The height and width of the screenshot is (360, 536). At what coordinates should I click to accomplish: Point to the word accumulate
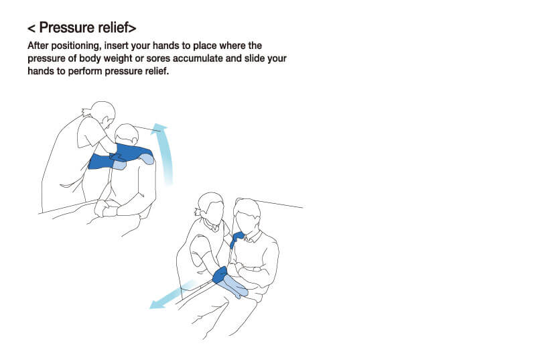click(x=198, y=58)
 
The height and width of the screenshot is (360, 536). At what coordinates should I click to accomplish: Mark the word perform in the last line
click(x=86, y=71)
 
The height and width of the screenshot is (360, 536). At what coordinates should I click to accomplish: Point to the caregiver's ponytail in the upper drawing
click(x=86, y=111)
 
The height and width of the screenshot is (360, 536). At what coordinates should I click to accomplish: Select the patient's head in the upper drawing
click(x=127, y=134)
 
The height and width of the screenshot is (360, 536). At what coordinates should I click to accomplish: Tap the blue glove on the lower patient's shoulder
click(x=237, y=239)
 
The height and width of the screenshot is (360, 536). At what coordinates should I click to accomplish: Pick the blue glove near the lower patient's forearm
click(x=220, y=275)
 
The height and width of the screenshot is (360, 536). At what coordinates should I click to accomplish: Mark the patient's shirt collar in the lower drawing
click(x=252, y=237)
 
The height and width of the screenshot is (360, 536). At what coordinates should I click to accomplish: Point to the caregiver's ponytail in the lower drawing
click(x=198, y=211)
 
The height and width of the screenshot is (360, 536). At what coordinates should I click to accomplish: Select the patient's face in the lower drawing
click(x=247, y=222)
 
